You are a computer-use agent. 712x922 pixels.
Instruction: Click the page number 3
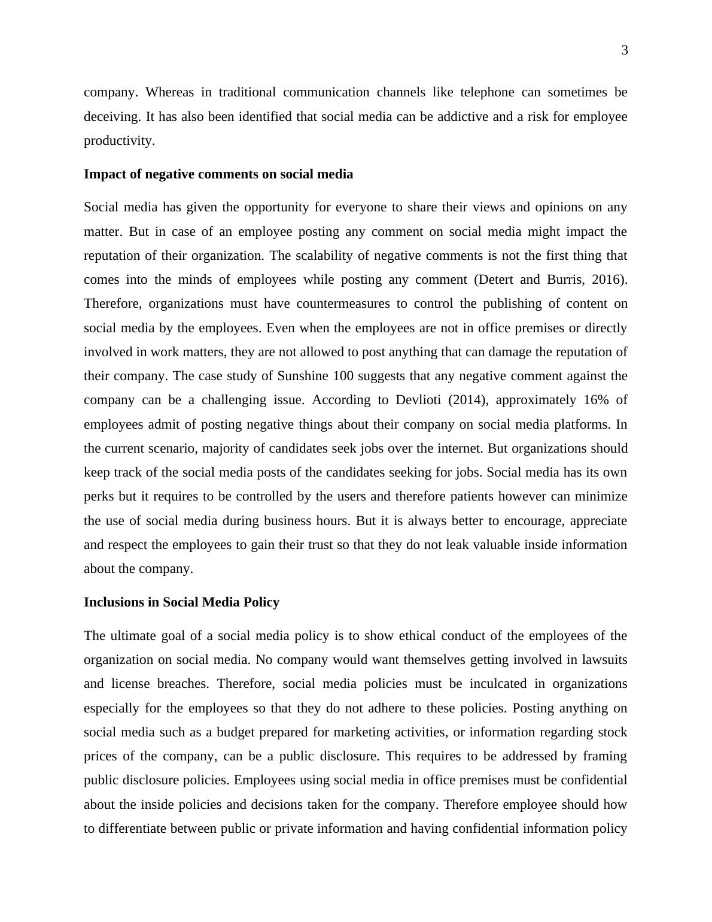point(625,51)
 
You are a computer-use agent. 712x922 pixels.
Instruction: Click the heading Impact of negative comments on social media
point(218,174)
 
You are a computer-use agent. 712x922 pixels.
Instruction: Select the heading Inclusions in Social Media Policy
point(181,602)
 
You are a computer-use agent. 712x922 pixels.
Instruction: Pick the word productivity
point(119,141)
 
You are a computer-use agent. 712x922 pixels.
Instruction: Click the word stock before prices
point(612,732)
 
